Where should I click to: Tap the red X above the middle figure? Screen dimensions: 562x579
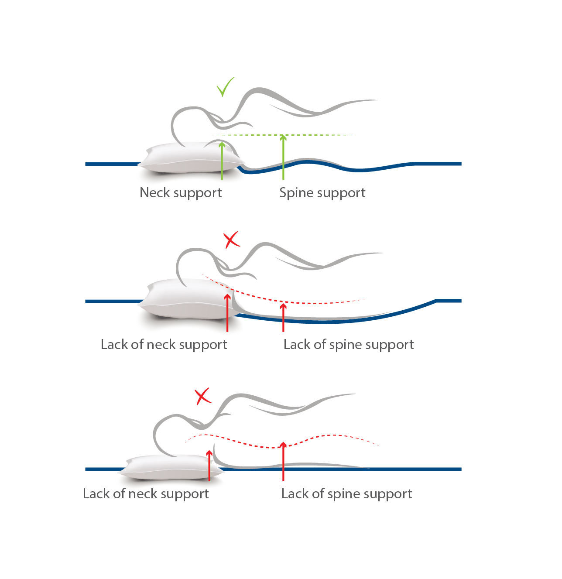pyautogui.click(x=231, y=240)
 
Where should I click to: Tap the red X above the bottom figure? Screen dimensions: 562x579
pyautogui.click(x=202, y=397)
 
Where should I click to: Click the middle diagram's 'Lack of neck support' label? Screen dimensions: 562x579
pyautogui.click(x=164, y=345)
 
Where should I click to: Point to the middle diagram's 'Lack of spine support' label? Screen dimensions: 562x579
pyautogui.click(x=348, y=345)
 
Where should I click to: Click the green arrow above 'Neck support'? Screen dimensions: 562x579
pyautogui.click(x=222, y=161)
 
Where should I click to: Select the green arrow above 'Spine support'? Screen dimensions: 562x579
pyautogui.click(x=283, y=157)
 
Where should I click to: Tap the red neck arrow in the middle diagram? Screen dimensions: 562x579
pyautogui.click(x=227, y=313)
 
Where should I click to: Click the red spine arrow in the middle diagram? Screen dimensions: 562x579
pyautogui.click(x=283, y=317)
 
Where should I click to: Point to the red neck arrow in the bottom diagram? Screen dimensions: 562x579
pyautogui.click(x=209, y=466)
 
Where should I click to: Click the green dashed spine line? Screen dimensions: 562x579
pyautogui.click(x=284, y=135)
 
